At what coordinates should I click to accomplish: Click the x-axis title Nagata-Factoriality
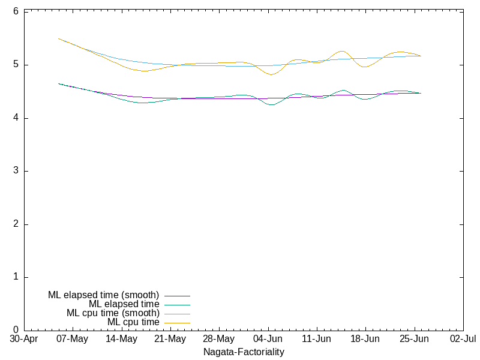coord(244,352)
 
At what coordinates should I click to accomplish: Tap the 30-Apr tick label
coord(24,339)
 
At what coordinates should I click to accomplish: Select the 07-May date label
coord(72,339)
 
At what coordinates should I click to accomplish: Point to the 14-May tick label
coord(122,339)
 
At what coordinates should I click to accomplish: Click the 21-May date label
coord(170,339)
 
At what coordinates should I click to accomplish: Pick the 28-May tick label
coord(219,339)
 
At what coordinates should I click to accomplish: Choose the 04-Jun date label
coord(268,339)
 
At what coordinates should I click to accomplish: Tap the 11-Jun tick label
coord(317,339)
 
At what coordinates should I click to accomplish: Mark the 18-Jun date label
coord(365,339)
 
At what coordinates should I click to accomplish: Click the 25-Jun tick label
coord(414,339)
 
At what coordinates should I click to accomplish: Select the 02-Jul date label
coord(463,339)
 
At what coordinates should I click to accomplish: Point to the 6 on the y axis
coord(16,11)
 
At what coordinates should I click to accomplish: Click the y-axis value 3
coord(16,171)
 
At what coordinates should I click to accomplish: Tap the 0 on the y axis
coord(16,330)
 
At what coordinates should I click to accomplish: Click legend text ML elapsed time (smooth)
coord(103,295)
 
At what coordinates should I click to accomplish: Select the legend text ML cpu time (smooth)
coord(113,313)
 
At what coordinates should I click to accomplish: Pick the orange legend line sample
coord(177,323)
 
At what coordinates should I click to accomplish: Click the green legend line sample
coord(177,305)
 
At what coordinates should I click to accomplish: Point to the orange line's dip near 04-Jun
coord(271,74)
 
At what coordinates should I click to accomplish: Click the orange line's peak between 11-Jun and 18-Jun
coord(342,51)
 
